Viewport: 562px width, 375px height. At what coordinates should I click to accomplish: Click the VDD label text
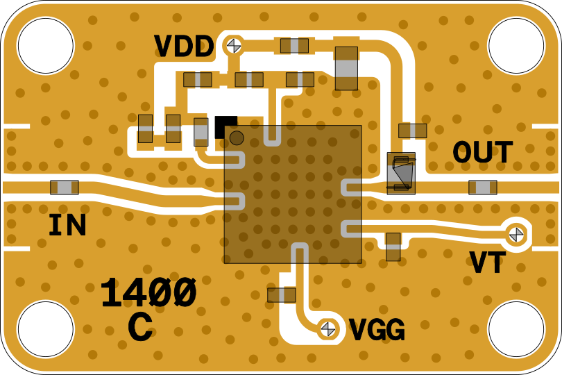pos(184,47)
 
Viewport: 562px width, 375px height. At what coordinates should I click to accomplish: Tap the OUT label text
pos(483,153)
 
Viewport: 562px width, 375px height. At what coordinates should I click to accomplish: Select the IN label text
pos(67,226)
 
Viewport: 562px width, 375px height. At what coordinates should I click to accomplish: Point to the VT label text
pos(488,263)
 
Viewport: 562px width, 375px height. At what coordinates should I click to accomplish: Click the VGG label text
pos(377,331)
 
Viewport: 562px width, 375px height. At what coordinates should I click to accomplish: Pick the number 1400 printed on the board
pos(148,293)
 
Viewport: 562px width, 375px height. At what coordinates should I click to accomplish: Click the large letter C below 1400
pos(140,327)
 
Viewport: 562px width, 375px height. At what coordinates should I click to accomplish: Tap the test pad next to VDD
pos(234,45)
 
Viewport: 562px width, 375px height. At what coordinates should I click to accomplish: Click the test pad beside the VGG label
pos(327,328)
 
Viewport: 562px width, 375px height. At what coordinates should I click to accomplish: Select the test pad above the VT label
pos(516,235)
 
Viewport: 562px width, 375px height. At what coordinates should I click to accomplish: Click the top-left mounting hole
pos(45,46)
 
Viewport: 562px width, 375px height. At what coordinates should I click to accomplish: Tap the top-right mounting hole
pos(516,46)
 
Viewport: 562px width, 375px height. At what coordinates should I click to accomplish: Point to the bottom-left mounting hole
pos(45,329)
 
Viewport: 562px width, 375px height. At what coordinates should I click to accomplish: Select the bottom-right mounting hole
pos(516,329)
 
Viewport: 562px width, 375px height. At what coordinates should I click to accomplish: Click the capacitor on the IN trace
pos(65,187)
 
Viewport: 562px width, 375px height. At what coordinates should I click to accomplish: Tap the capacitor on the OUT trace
pos(483,187)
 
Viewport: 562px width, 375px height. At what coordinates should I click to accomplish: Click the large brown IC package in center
pos(293,194)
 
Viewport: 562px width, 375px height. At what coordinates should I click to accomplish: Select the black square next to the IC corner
pos(225,126)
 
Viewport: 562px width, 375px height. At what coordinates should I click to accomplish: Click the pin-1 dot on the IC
pos(237,137)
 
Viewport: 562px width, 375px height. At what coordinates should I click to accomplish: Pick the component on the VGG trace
pos(282,295)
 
